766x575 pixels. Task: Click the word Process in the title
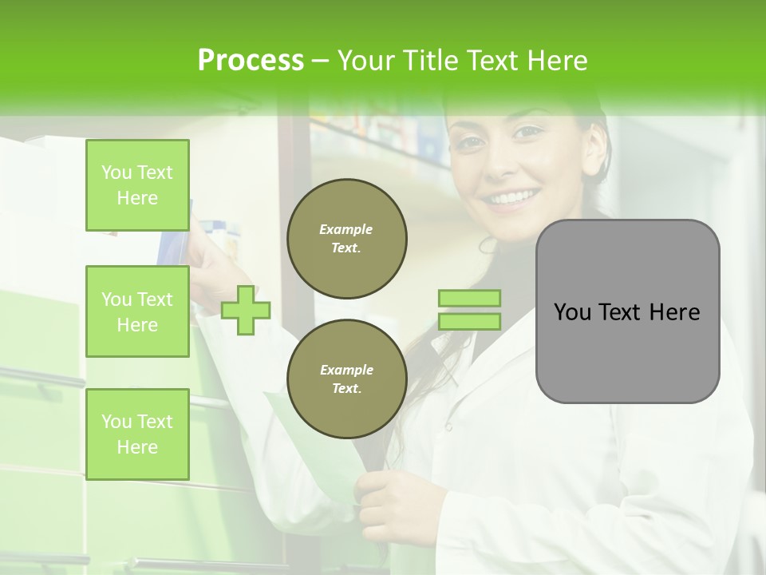(x=251, y=61)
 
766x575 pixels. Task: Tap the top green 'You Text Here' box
(x=137, y=185)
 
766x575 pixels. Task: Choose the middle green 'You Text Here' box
(x=137, y=311)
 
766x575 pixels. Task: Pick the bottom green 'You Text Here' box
(x=137, y=434)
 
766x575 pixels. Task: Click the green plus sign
(x=246, y=310)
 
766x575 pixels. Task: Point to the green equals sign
(x=469, y=310)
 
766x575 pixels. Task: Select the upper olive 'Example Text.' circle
(x=346, y=238)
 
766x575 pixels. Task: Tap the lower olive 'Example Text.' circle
(x=346, y=379)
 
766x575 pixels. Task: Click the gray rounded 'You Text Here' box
(x=627, y=311)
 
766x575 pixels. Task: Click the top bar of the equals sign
(x=469, y=299)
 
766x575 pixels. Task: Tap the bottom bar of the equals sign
(x=469, y=321)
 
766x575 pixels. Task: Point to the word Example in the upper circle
(x=346, y=229)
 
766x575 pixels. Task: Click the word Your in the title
(x=364, y=61)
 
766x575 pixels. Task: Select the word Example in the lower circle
(x=346, y=370)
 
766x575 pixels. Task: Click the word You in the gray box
(x=573, y=312)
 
